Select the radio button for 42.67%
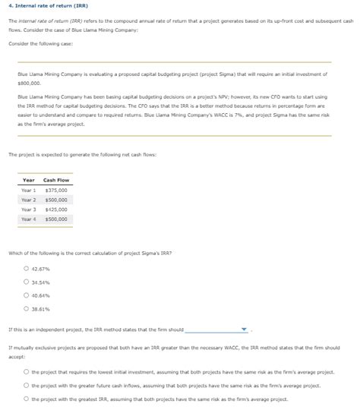[x=26, y=268]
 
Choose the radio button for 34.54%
[x=26, y=281]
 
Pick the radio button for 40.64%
[x=26, y=295]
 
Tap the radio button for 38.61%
[x=26, y=308]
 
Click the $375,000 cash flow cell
[x=56, y=190]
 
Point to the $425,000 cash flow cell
[x=56, y=209]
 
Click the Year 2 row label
[x=29, y=200]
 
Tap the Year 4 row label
[x=29, y=219]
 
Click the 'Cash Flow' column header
[x=56, y=179]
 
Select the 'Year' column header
[x=29, y=179]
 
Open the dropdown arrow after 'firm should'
[x=244, y=330]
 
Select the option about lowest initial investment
[x=26, y=372]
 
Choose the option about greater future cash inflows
[x=26, y=385]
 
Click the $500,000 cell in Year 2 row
[x=56, y=200]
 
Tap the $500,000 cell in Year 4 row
[x=56, y=219]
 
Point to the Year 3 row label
[x=29, y=209]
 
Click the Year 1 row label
[x=29, y=190]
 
